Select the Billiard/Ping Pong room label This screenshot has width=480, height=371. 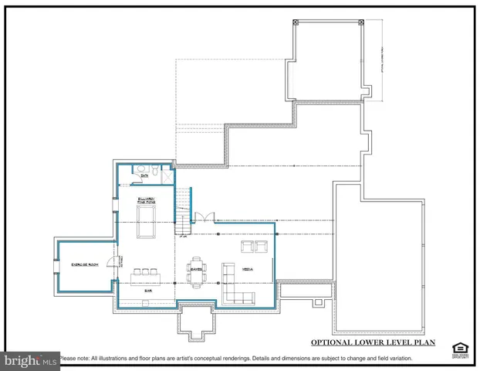coord(147,201)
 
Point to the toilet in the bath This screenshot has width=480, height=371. coord(154,168)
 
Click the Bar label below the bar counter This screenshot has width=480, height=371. coord(147,291)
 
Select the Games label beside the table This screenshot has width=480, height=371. coord(196,268)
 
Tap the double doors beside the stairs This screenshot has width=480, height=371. coord(202,219)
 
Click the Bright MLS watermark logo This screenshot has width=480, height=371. coord(30,359)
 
